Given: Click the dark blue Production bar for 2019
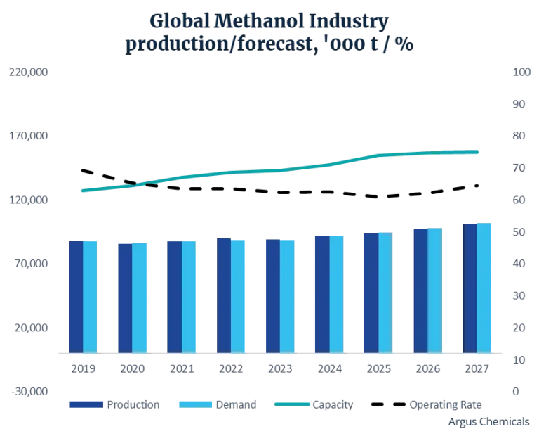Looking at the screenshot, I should [x=76, y=296].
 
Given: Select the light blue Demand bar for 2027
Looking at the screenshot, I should [x=484, y=288].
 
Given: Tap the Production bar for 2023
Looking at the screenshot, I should [x=273, y=295].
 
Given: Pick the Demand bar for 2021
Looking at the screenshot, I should [x=189, y=296].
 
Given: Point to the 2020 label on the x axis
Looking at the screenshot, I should [x=133, y=367].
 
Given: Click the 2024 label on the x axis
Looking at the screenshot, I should [x=330, y=367].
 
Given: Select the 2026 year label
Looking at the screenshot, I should [x=429, y=367].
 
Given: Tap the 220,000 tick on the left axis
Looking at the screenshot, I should [x=28, y=72].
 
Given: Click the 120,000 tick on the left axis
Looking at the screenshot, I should [x=28, y=200].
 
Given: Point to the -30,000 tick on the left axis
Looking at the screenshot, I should [x=28, y=392].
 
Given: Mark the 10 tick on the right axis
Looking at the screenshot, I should [x=520, y=360].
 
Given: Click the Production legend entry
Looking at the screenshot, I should [x=114, y=404].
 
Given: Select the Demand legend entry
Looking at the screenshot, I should [x=218, y=404].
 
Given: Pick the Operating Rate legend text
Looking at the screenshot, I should [x=446, y=404].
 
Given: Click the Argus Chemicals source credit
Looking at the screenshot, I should [x=488, y=421].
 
